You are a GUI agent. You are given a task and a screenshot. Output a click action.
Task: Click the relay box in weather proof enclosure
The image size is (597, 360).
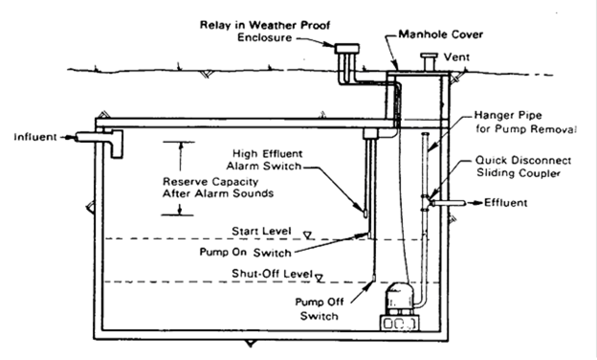pyautogui.click(x=347, y=49)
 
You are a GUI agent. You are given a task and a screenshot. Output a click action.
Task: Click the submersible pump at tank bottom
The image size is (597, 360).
pyautogui.click(x=399, y=306)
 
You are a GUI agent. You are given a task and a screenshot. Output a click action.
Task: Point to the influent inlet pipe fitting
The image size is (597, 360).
pyautogui.click(x=99, y=142)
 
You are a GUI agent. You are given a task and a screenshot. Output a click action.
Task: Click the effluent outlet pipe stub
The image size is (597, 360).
pyautogui.click(x=448, y=203)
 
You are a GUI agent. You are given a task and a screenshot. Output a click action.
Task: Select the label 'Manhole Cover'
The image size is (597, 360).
pyautogui.click(x=441, y=34)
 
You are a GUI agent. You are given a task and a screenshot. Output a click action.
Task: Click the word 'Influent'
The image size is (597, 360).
pyautogui.click(x=35, y=137)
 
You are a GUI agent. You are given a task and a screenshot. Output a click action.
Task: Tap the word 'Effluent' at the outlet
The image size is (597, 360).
pyautogui.click(x=505, y=203)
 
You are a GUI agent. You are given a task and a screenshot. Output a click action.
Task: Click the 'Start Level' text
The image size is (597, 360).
pyautogui.click(x=261, y=231)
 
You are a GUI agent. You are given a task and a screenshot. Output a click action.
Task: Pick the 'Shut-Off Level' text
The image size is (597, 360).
pyautogui.click(x=273, y=274)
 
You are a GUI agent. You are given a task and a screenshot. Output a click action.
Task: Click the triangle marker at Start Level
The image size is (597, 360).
pyautogui.click(x=308, y=236)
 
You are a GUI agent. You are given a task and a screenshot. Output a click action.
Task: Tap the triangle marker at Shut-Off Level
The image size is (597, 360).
pyautogui.click(x=320, y=279)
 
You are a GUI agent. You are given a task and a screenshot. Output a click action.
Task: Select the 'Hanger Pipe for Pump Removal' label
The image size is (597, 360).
pyautogui.click(x=525, y=122)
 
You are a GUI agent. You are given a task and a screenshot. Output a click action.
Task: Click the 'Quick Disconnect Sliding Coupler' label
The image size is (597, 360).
pyautogui.click(x=523, y=167)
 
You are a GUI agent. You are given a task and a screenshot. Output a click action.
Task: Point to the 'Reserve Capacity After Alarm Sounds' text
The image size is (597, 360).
pyautogui.click(x=218, y=188)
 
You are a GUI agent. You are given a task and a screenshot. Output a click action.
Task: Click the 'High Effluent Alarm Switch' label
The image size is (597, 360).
pyautogui.click(x=264, y=160)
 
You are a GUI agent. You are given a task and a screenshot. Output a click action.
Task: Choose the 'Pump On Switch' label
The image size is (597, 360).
pyautogui.click(x=246, y=252)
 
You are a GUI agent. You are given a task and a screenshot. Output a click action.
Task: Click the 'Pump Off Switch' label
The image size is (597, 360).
pyautogui.click(x=319, y=308)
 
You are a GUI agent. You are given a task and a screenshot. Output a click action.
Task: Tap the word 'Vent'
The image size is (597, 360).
pyautogui.click(x=456, y=57)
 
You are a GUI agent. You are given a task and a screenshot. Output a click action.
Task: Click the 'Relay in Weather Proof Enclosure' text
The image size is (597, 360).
pyautogui.click(x=265, y=32)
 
